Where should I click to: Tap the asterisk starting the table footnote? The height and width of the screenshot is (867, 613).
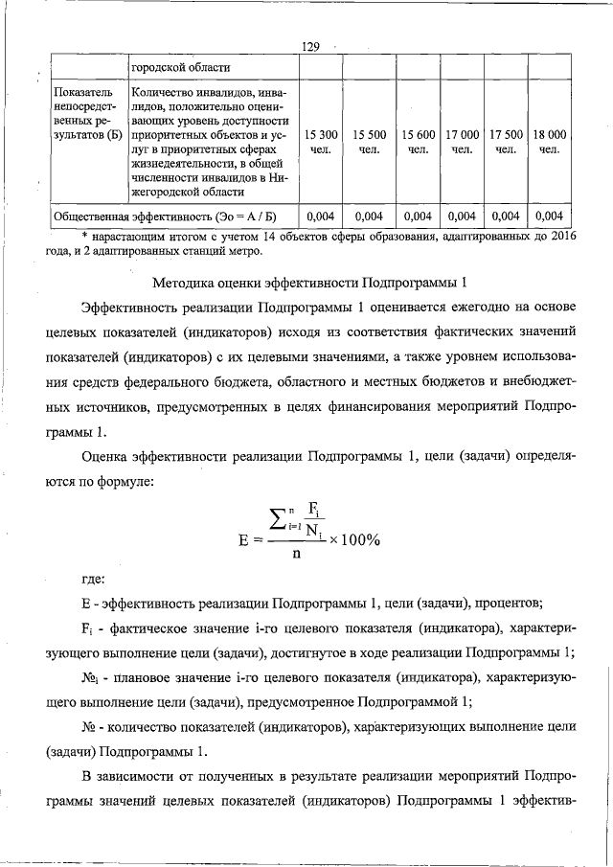pos(84,237)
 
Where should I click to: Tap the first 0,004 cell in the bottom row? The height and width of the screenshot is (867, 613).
pos(321,216)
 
